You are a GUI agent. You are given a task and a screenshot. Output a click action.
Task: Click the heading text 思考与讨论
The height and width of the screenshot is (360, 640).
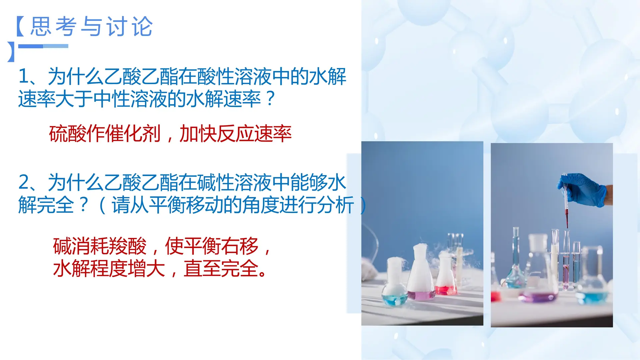tap(92, 26)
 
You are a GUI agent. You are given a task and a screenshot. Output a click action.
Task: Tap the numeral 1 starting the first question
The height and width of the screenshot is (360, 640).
tap(24, 76)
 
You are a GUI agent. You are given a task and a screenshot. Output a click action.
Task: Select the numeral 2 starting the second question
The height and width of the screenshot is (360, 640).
tap(24, 182)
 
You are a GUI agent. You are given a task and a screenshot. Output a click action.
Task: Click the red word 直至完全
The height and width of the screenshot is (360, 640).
tap(221, 268)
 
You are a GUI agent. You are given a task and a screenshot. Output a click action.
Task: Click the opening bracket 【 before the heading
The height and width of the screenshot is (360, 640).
tap(20, 26)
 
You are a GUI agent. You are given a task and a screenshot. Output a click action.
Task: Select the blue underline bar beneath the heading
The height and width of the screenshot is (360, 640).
tap(43, 46)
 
